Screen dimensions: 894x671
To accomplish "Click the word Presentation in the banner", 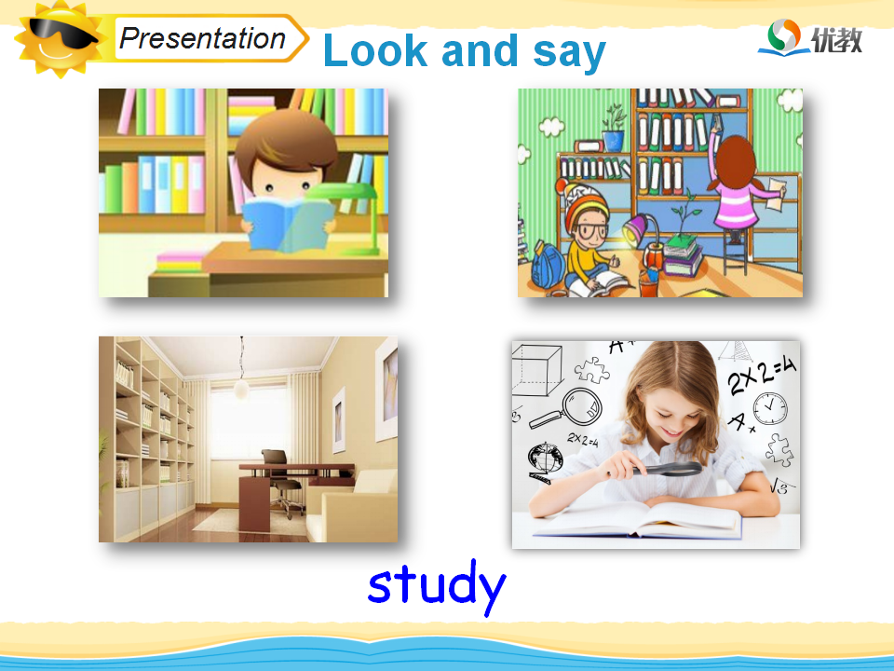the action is point(202,39).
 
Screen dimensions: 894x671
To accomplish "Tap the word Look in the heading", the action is point(375,50).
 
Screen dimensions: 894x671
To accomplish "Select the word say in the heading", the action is point(569,53).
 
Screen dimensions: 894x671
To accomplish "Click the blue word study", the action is point(437,586).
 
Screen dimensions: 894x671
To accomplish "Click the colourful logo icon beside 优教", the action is point(784,36).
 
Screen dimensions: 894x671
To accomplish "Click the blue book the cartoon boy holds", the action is point(287,223).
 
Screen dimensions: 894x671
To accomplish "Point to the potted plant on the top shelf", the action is point(614,128).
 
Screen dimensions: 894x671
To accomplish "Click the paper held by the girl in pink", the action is point(777,194).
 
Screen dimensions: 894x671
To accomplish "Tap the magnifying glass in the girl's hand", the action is point(666,470).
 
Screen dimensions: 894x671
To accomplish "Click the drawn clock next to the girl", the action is point(770,408).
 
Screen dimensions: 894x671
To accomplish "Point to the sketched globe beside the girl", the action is point(545,459).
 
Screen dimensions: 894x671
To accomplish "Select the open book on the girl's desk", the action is point(636,520).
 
